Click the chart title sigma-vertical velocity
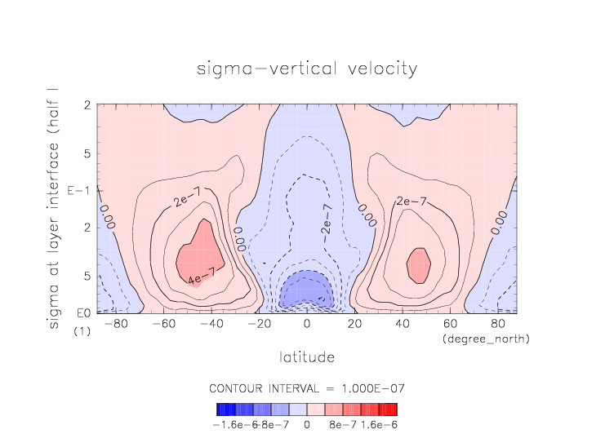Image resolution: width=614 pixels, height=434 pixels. pyautogui.click(x=306, y=69)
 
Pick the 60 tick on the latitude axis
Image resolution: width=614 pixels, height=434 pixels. pyautogui.click(x=450, y=325)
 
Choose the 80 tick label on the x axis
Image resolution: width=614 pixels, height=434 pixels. pyautogui.click(x=497, y=325)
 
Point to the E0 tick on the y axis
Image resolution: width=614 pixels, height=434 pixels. pyautogui.click(x=82, y=312)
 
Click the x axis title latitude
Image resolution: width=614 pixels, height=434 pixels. pyautogui.click(x=307, y=356)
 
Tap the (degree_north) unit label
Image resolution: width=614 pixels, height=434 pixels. pyautogui.click(x=485, y=339)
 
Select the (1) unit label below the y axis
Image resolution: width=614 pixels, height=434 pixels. pyautogui.click(x=82, y=332)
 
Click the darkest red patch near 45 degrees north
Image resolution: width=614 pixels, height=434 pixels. pyautogui.click(x=418, y=265)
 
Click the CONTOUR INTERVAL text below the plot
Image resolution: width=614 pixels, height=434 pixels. pyautogui.click(x=307, y=387)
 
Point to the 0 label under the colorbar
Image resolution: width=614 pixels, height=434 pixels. pyautogui.click(x=307, y=424)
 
